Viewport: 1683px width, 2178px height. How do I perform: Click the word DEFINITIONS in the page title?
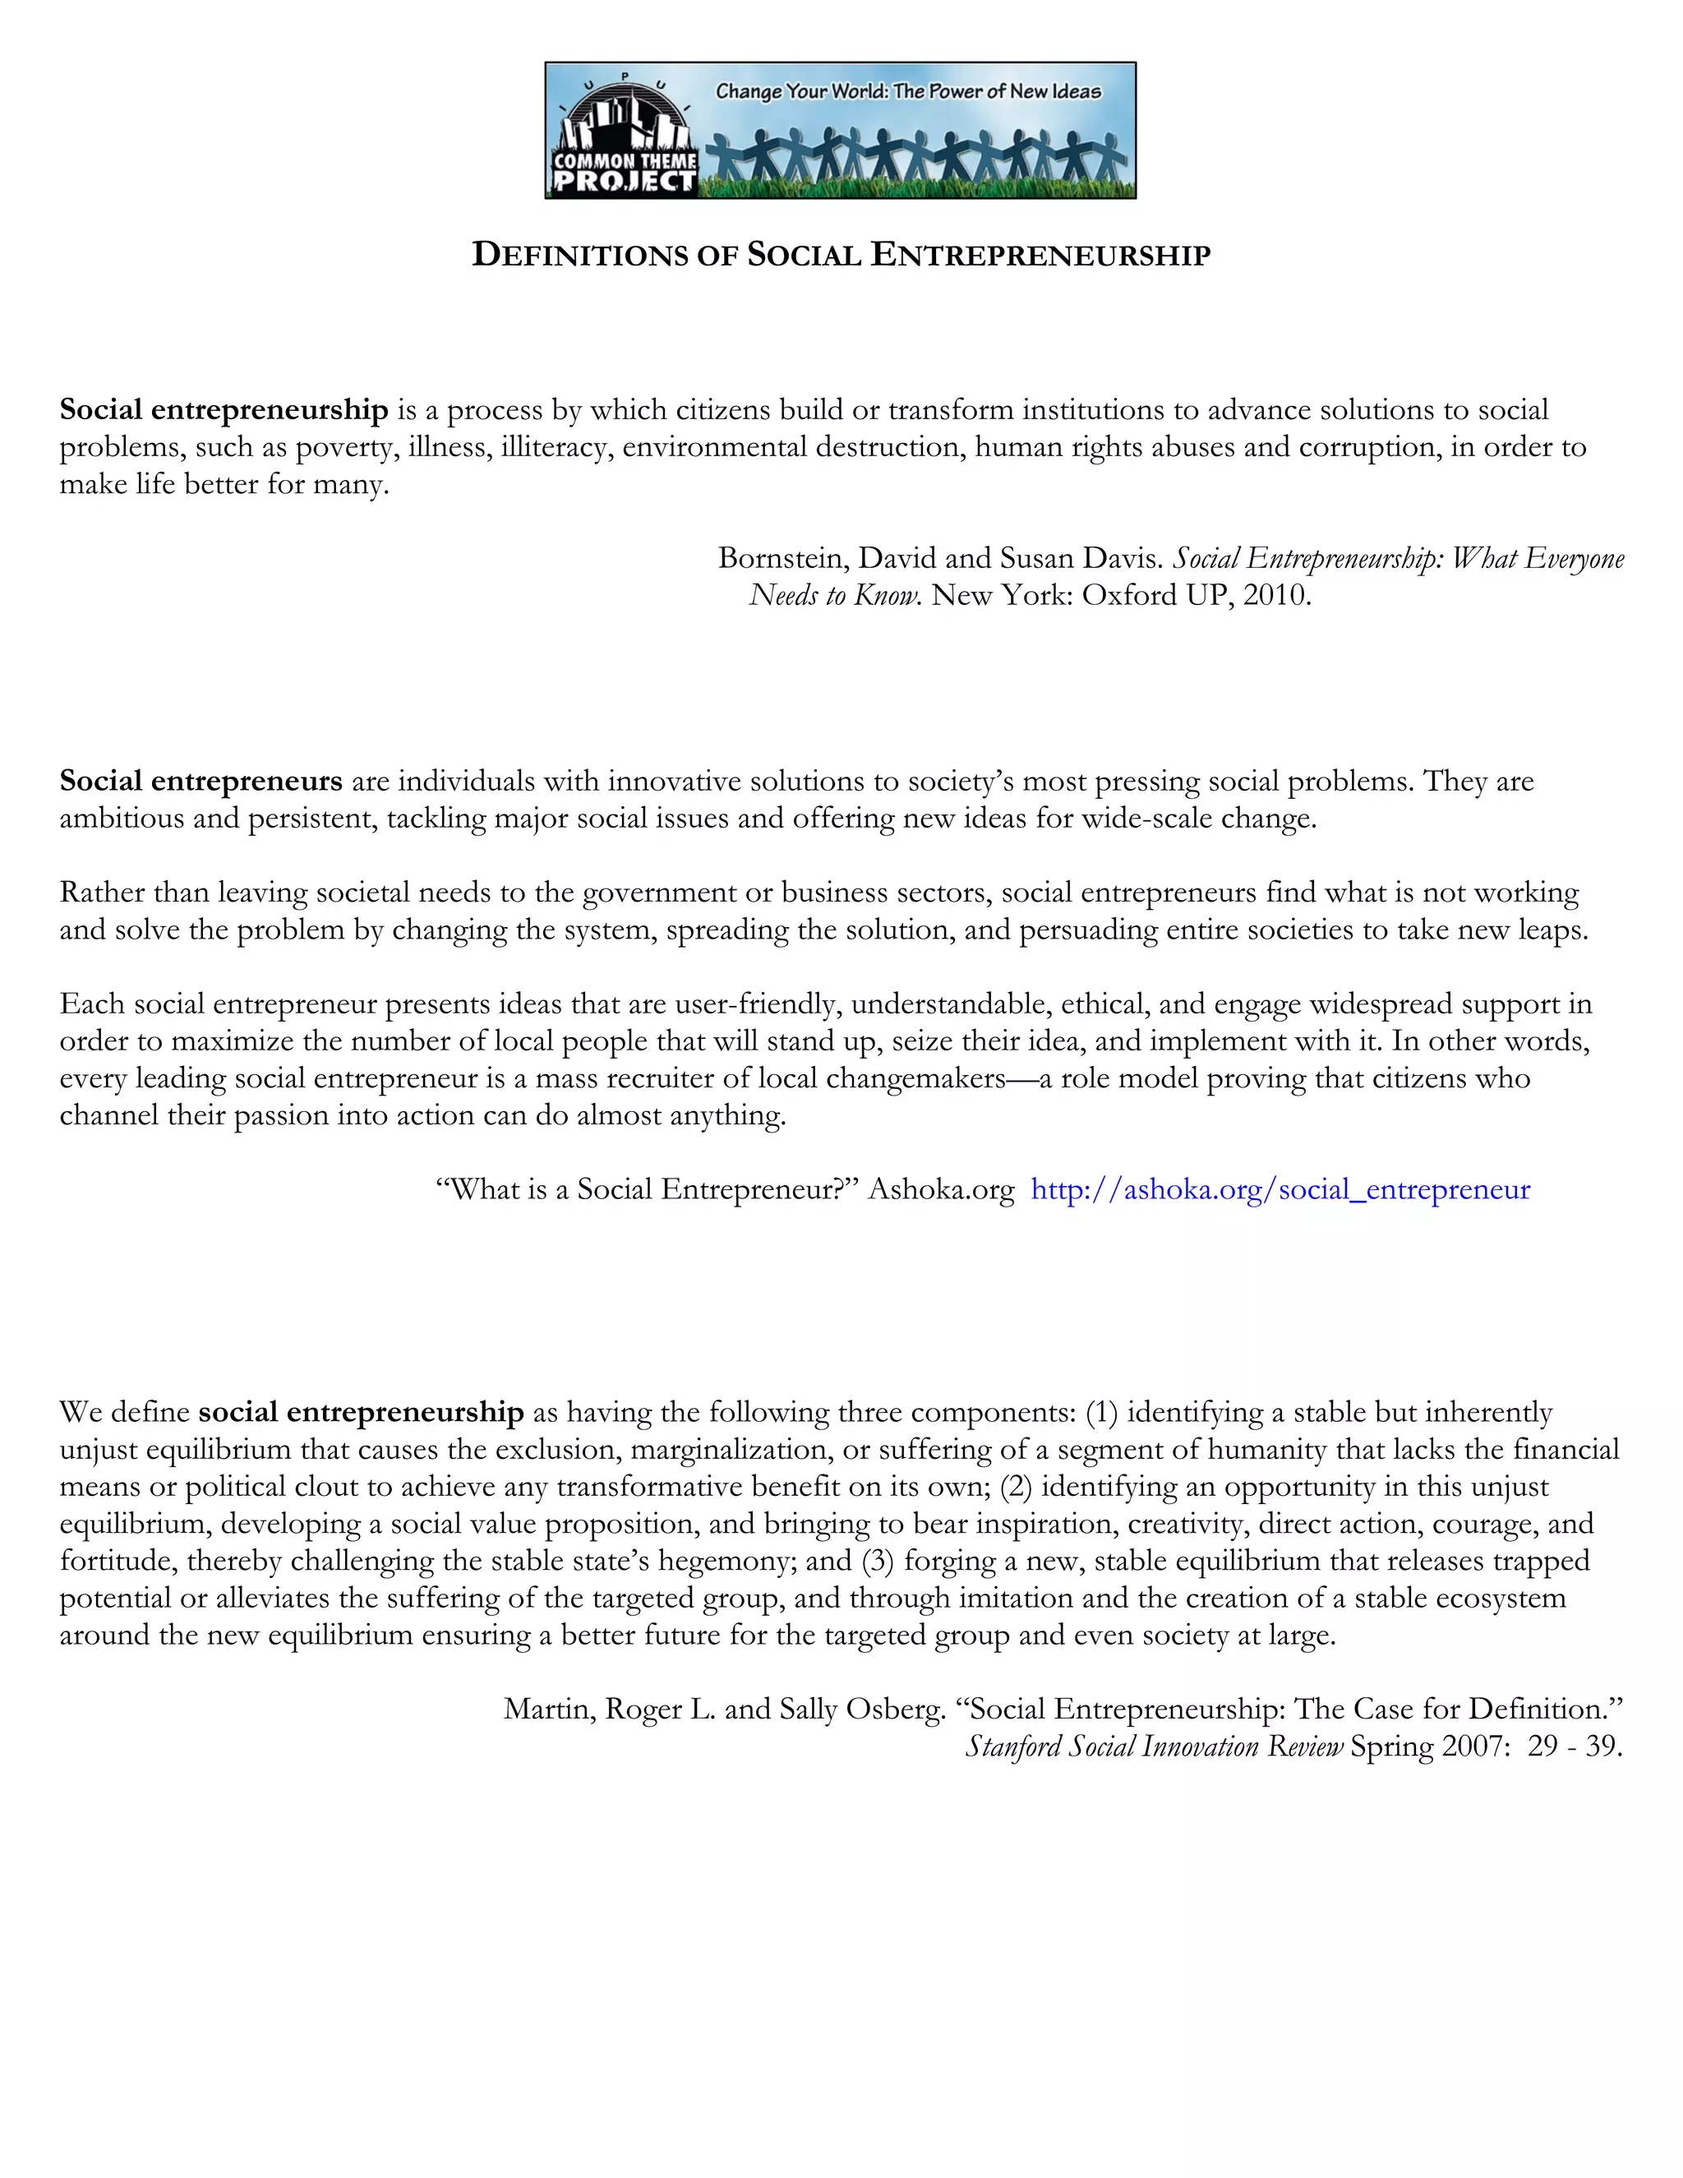point(579,256)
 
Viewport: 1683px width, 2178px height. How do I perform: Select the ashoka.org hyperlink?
point(1280,1190)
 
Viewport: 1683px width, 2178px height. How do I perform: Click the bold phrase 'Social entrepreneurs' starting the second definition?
point(201,781)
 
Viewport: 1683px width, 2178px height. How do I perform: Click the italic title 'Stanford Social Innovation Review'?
point(1154,1747)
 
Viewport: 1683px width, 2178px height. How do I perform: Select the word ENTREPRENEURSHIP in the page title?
point(1040,256)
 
